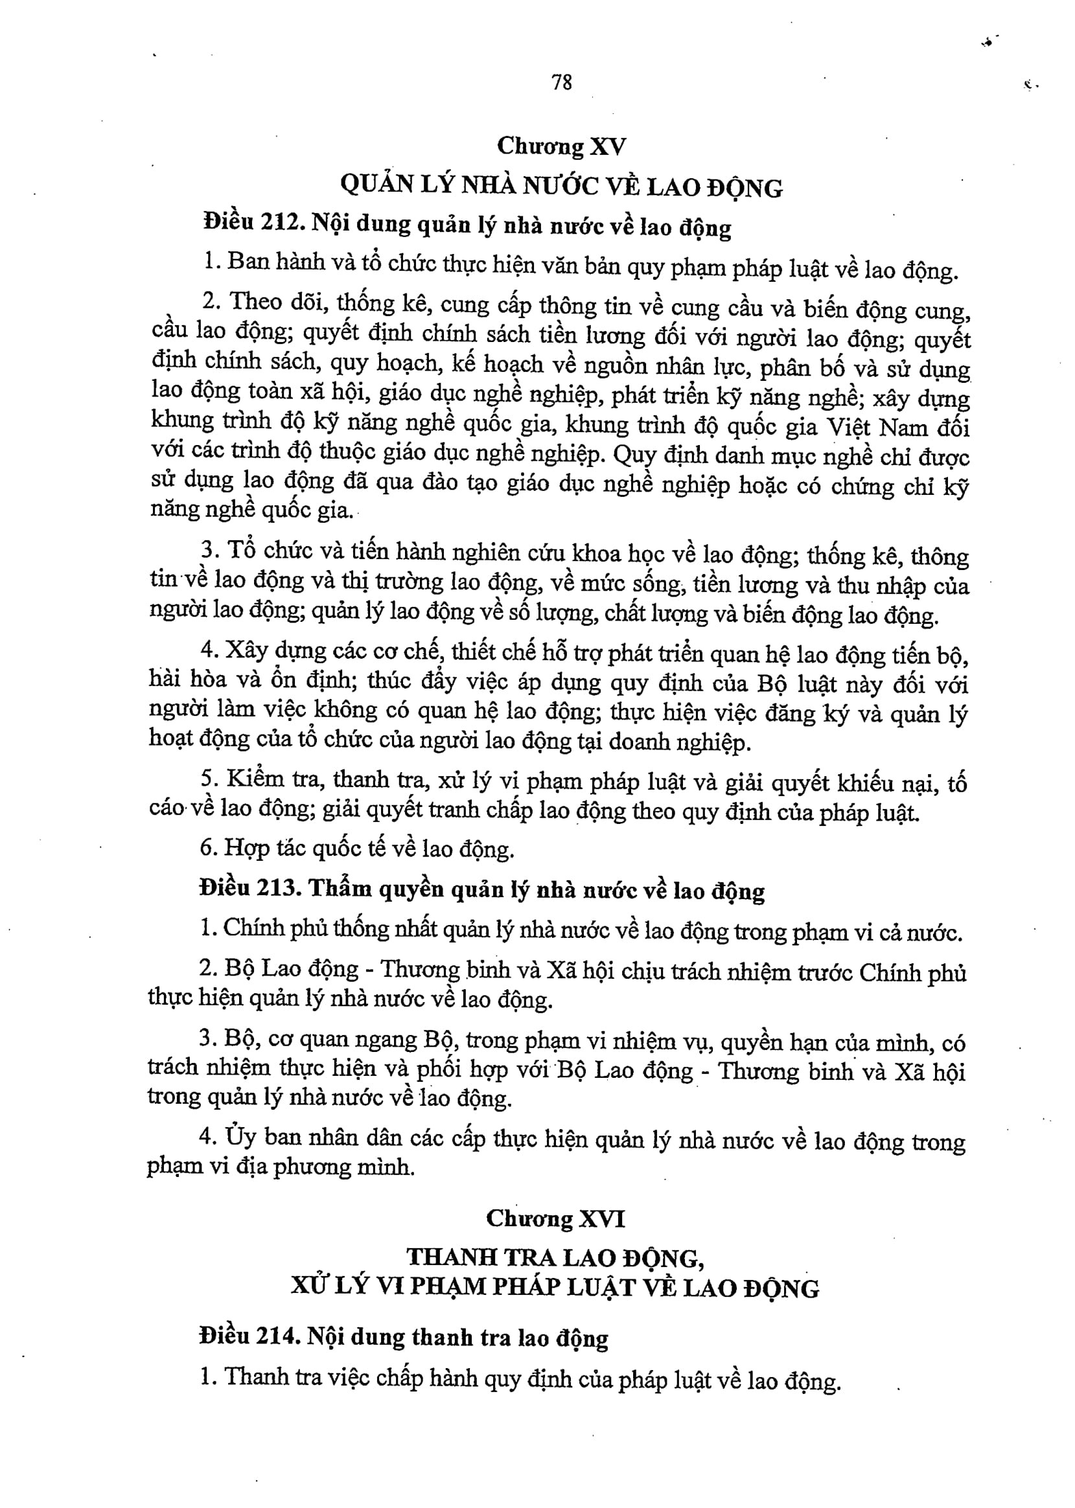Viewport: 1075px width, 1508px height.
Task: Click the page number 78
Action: (x=561, y=83)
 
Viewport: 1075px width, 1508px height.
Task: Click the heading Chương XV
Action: (x=561, y=146)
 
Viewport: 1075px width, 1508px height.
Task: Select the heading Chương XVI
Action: (x=555, y=1218)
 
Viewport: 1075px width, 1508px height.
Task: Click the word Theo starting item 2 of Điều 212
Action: (x=256, y=303)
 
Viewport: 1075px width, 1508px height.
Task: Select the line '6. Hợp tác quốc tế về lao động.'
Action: (x=358, y=849)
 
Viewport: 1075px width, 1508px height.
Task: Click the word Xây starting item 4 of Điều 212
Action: (x=246, y=650)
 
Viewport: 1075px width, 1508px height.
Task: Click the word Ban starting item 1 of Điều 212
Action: (x=248, y=263)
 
